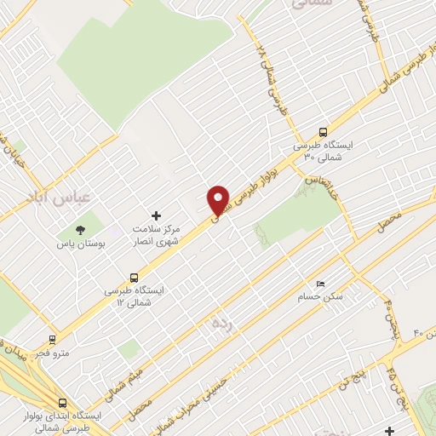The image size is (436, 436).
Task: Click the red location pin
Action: pos(219,199)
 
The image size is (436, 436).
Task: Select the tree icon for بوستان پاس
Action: pos(81,229)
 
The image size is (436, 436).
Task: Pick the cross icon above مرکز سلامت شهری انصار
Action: pos(155,216)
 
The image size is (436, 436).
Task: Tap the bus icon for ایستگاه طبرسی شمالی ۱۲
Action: pos(134,277)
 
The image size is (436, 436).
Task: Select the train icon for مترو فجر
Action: pos(52,339)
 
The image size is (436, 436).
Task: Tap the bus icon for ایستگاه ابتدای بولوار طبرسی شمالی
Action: pos(62,403)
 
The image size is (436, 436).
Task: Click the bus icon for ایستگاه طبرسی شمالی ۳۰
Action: pos(323,132)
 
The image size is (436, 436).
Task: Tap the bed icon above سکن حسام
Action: pos(320,283)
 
